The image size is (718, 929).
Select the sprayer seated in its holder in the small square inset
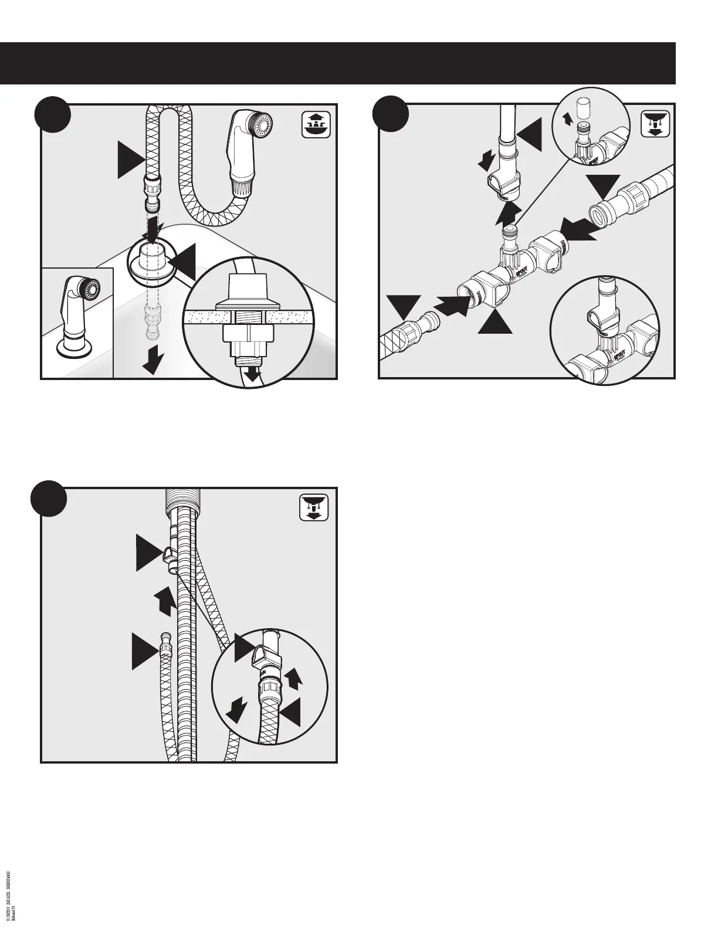[80, 318]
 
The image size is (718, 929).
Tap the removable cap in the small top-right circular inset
[582, 109]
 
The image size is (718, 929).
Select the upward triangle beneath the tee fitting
[496, 320]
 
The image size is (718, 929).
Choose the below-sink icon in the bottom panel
[315, 507]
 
